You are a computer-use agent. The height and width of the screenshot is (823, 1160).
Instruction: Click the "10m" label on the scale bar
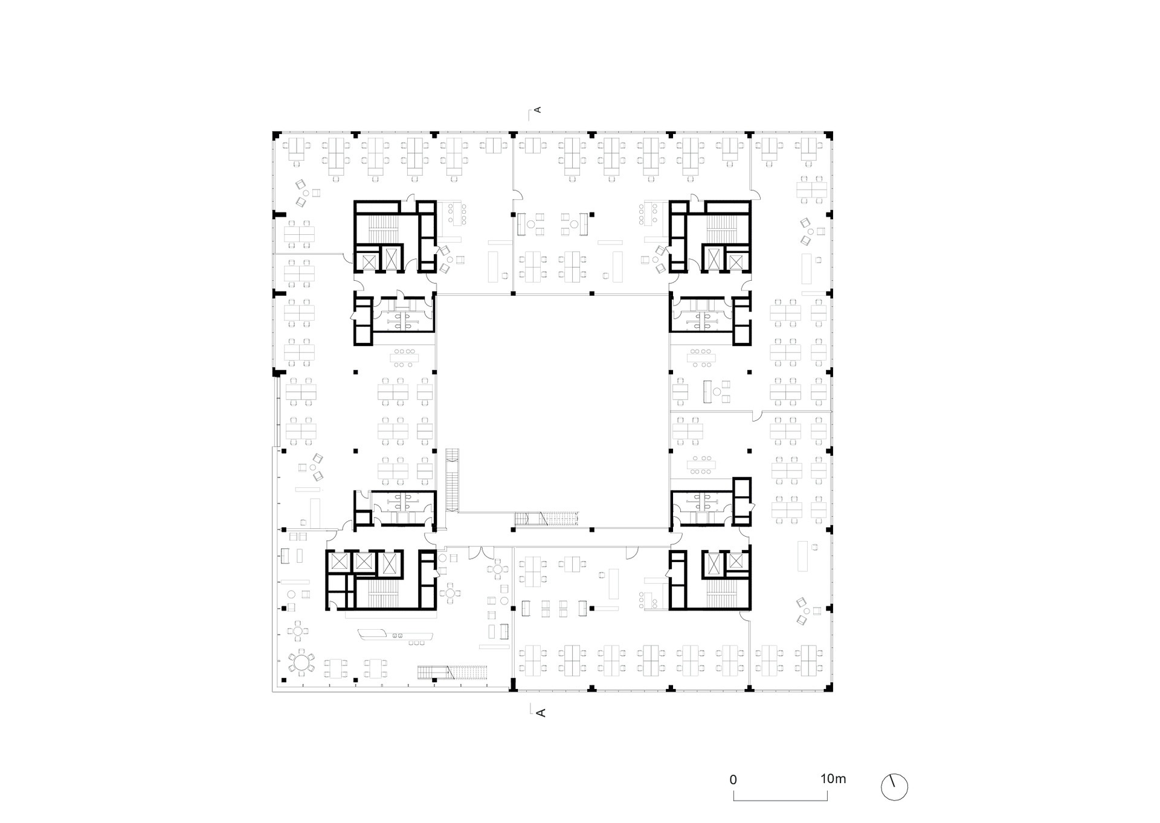coord(833,779)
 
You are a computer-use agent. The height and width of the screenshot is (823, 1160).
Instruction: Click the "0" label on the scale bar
coord(733,780)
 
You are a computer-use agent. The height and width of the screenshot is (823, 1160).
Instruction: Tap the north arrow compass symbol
coord(894,787)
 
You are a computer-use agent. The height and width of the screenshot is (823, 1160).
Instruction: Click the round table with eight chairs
coord(301,663)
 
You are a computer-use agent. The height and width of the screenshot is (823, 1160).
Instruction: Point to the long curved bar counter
coord(396,635)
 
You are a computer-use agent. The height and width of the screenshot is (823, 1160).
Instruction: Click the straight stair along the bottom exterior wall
coord(453,672)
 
